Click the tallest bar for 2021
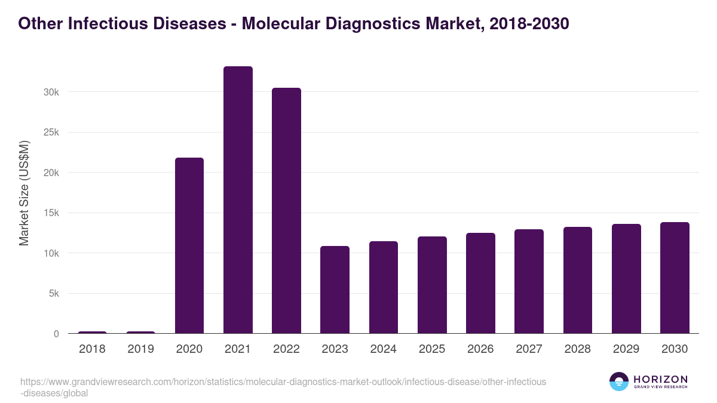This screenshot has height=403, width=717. pos(238,200)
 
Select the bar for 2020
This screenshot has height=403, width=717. pos(189,245)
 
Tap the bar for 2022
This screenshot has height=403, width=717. pos(286,211)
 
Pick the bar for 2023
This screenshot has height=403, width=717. pos(335,290)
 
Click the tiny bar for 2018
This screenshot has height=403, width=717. pos(92,332)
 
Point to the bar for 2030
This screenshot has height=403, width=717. pos(675,278)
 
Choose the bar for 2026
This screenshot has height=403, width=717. pos(480,283)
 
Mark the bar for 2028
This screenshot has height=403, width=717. pos(578,280)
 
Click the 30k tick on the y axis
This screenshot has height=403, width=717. pos(50,92)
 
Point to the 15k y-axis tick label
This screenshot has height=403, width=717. pos(50,213)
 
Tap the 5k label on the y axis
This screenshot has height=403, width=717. pos(53,294)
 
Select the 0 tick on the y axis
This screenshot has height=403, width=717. pos(56,334)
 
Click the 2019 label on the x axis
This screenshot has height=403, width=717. pos(140,349)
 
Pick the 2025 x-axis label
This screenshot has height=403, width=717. pos(432,349)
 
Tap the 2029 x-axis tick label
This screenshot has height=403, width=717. pos(626,349)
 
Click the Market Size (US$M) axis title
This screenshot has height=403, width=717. pos(24,193)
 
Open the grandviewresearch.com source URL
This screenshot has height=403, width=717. pos(283,382)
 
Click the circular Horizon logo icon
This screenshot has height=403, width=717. pos(619,382)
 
